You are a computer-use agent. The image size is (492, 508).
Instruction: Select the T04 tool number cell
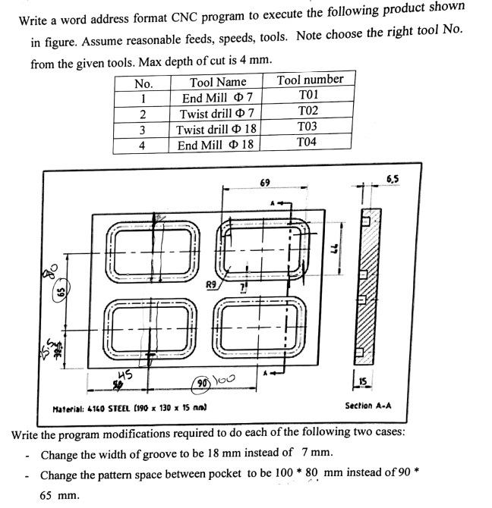click(307, 143)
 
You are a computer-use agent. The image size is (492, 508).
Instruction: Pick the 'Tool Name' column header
click(218, 82)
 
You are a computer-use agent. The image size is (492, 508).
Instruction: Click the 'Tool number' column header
click(310, 80)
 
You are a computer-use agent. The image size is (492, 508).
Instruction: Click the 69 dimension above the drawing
click(264, 183)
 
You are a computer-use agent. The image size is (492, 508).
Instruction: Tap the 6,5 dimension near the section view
click(393, 180)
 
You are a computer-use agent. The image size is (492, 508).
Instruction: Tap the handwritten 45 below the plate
click(126, 374)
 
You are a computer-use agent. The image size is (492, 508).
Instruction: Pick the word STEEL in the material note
click(115, 409)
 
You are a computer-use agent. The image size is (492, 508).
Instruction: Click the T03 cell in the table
click(307, 127)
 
